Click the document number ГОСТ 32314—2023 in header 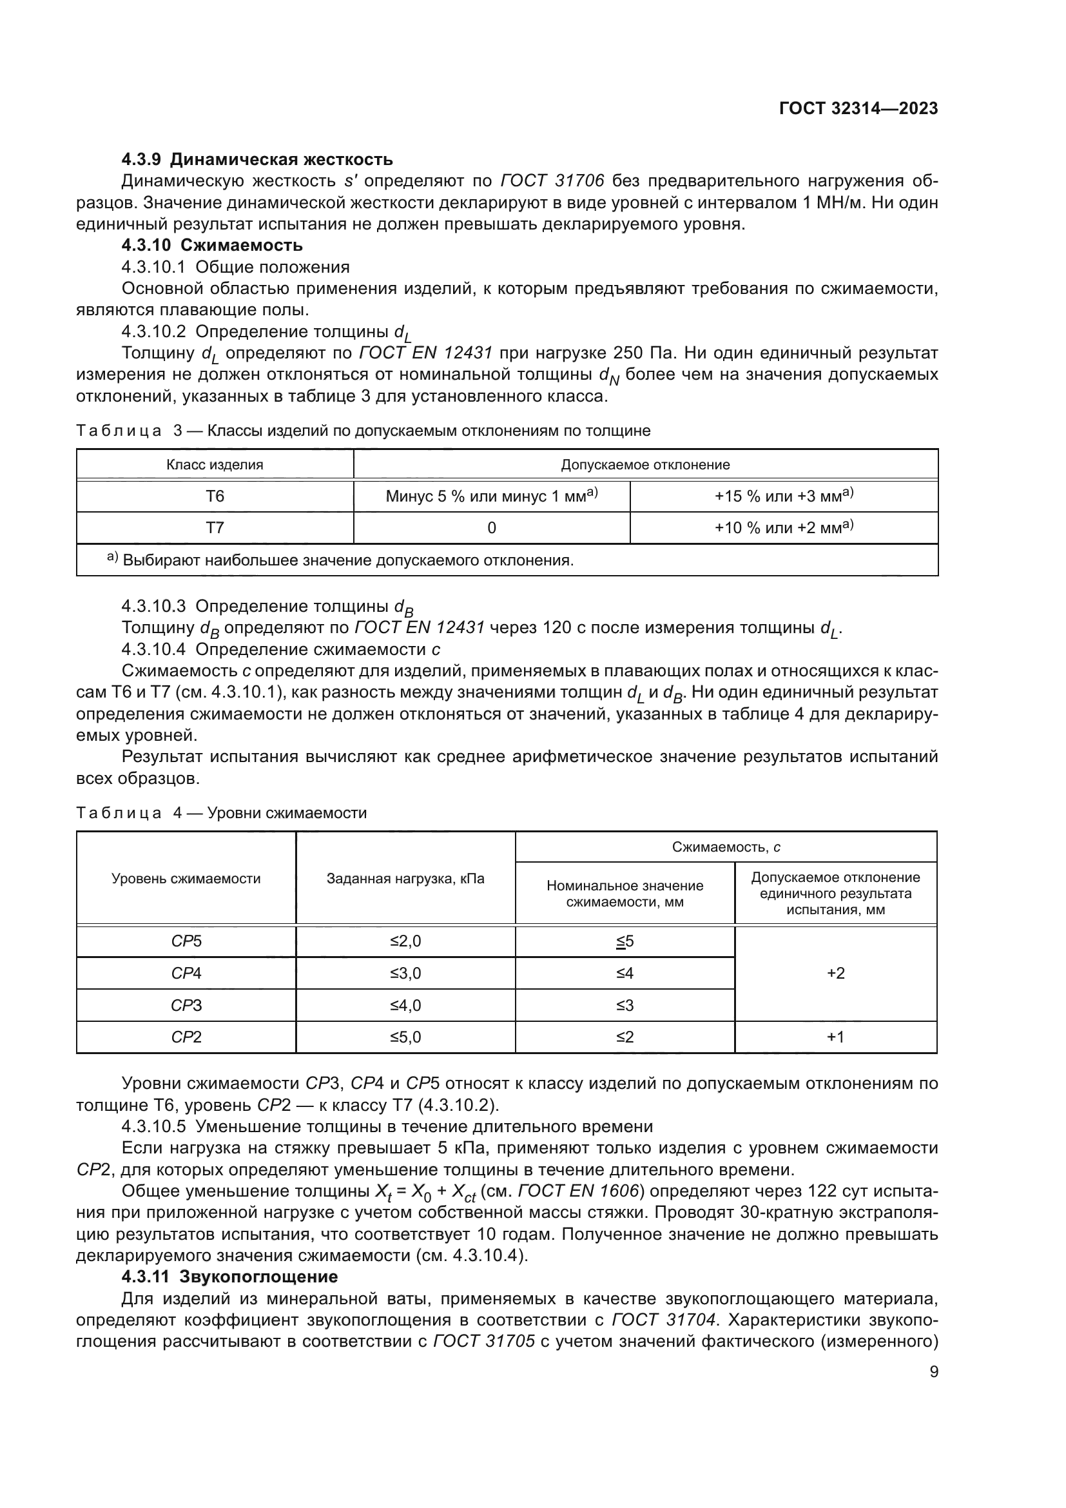click(858, 109)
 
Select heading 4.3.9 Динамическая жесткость click(257, 159)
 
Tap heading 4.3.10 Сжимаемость click(212, 246)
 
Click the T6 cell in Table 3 click(215, 496)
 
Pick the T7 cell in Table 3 click(215, 528)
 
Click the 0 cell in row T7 click(492, 528)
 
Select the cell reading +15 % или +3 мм click(783, 496)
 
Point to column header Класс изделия click(215, 465)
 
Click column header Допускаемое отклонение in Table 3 click(645, 465)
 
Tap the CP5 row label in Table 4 click(186, 942)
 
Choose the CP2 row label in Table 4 click(186, 1037)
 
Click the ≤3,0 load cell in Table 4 click(405, 974)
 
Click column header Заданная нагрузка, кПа click(405, 879)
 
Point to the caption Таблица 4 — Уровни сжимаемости click(221, 813)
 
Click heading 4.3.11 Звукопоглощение click(229, 1277)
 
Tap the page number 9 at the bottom click(933, 1372)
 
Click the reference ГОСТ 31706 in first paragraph click(552, 181)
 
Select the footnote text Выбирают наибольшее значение click(348, 560)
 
